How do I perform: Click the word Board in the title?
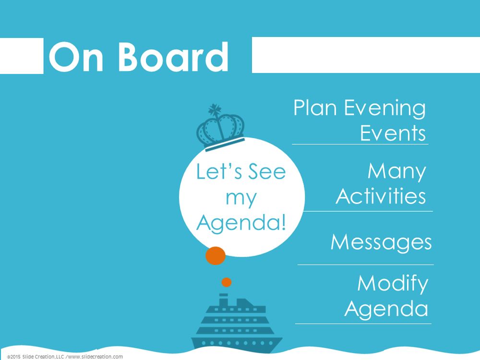[x=173, y=57]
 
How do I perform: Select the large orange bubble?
[x=216, y=256]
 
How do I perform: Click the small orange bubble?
[x=226, y=282]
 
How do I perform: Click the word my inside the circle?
[x=241, y=199]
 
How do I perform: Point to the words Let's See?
[x=241, y=171]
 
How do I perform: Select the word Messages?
[x=381, y=242]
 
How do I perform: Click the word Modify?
[x=393, y=284]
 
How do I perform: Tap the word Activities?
[x=381, y=196]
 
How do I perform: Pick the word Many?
[x=397, y=172]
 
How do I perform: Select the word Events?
[x=393, y=133]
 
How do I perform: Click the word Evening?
[x=385, y=109]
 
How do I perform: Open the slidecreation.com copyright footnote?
[x=65, y=357]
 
